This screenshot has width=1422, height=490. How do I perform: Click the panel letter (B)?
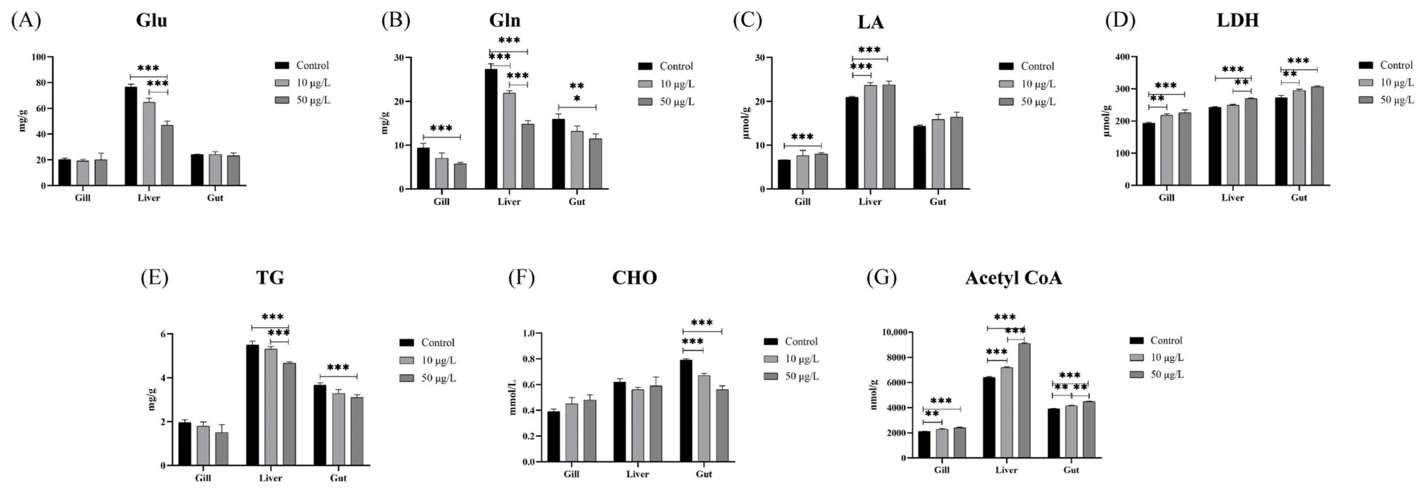[396, 20]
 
